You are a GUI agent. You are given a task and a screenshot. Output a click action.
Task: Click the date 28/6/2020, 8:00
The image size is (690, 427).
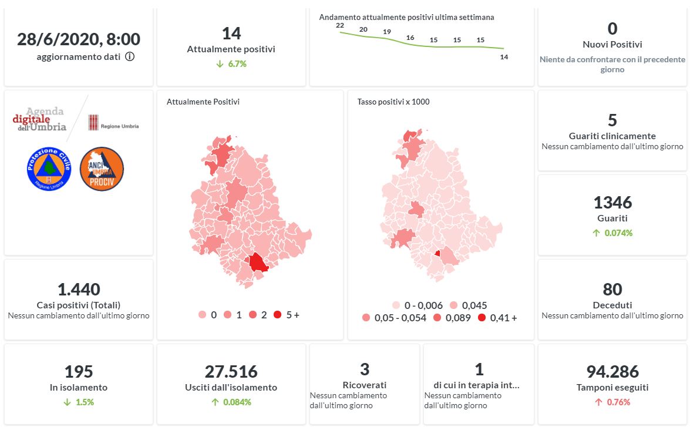(x=79, y=39)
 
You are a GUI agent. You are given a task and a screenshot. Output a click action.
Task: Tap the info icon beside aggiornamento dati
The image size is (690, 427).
(x=130, y=57)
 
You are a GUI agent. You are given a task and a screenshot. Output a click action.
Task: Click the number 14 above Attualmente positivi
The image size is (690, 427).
(x=231, y=33)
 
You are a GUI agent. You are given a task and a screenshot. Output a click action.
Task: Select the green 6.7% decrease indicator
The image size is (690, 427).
(x=231, y=63)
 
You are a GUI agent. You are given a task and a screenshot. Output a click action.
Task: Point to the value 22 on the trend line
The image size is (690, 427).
(x=339, y=25)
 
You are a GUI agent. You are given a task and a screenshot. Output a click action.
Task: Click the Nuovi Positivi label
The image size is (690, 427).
(x=612, y=45)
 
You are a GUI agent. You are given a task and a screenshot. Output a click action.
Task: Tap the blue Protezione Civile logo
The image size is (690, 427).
(x=49, y=168)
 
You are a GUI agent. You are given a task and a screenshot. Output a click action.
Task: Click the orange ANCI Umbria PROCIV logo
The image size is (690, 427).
(x=102, y=169)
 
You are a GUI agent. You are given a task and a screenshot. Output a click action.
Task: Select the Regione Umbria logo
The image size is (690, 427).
(x=113, y=123)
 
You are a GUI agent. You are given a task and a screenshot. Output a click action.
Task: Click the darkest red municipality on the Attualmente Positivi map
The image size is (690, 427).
(x=258, y=263)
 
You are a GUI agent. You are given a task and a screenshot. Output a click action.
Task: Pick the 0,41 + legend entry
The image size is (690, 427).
(x=497, y=318)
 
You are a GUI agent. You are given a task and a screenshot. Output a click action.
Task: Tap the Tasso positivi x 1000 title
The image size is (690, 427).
(x=393, y=102)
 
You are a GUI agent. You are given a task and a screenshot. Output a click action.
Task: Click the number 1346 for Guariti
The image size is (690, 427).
(x=612, y=203)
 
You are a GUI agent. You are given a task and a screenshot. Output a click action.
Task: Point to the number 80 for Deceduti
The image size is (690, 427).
(x=612, y=290)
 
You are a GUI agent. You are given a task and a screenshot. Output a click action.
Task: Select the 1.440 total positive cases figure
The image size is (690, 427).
(x=79, y=290)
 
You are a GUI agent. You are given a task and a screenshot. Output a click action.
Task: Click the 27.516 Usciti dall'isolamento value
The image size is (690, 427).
(x=231, y=372)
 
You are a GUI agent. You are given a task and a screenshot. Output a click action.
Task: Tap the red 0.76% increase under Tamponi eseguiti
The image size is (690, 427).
(x=612, y=402)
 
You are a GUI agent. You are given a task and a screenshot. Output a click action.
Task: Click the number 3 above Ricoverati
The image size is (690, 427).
(x=365, y=369)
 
